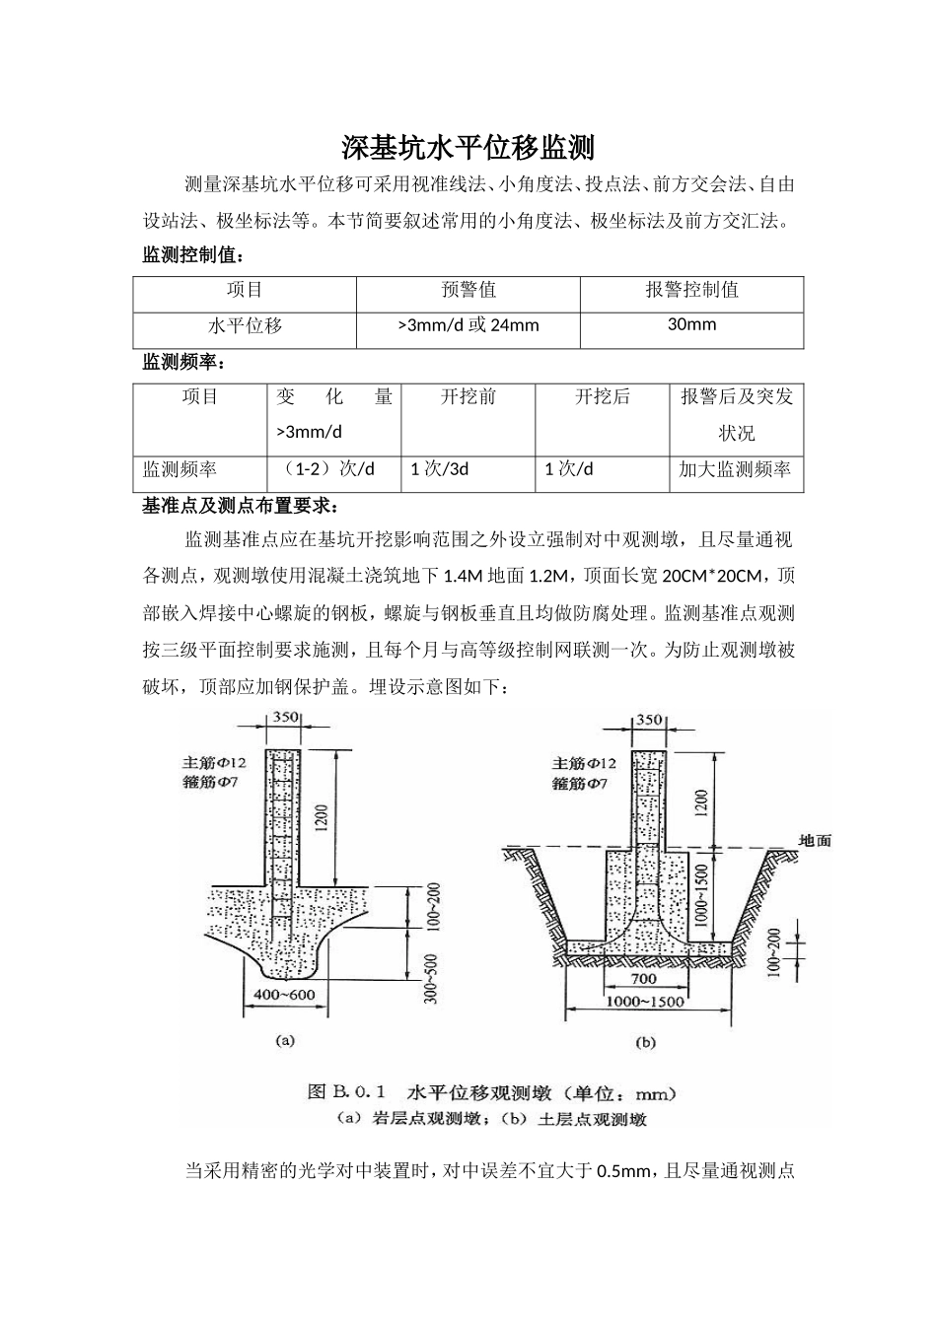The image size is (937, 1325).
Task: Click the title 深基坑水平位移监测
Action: tap(468, 148)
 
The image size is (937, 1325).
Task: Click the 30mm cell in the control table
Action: tap(691, 324)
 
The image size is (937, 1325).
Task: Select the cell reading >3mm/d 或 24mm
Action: tap(468, 325)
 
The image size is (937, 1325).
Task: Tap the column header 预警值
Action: tap(468, 290)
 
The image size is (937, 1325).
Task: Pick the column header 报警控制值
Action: tap(691, 290)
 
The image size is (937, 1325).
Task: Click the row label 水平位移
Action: tap(245, 325)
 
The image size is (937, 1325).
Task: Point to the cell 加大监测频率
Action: tap(735, 469)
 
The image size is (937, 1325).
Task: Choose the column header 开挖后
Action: tap(602, 396)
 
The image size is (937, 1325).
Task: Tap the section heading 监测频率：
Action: tap(184, 362)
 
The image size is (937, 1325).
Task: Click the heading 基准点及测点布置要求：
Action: tap(241, 506)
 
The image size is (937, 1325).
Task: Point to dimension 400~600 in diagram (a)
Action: tap(284, 995)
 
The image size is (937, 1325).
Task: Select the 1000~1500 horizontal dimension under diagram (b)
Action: tap(646, 1002)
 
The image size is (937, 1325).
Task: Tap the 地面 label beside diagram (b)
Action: tap(815, 841)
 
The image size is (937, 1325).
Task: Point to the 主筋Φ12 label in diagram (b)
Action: tap(585, 764)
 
